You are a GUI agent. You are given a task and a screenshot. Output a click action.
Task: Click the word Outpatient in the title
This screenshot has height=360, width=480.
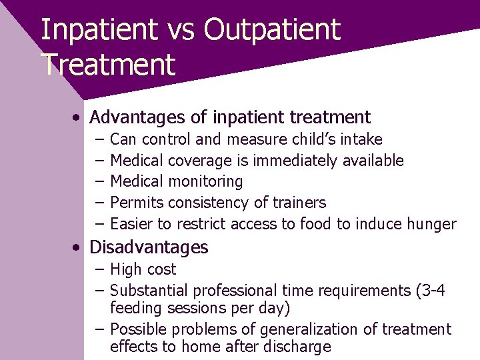tap(272, 30)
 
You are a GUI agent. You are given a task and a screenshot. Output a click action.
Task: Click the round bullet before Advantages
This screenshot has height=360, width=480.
tap(79, 118)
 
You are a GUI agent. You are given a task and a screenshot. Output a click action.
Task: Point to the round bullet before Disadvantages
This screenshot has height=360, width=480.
tap(79, 248)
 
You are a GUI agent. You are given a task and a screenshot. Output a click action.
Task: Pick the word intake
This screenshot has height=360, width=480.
tap(361, 139)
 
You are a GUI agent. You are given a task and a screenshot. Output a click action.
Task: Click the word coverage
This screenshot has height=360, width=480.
tap(200, 161)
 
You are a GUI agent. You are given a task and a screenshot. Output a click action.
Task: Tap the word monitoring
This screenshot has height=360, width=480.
tap(205, 182)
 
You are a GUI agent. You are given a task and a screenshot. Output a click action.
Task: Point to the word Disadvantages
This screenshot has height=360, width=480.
tap(149, 247)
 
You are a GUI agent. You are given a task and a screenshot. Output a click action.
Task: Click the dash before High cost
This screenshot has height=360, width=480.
tap(99, 270)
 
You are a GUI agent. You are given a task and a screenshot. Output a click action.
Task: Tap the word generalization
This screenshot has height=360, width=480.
tap(303, 329)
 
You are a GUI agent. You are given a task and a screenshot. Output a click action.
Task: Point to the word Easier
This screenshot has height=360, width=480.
tap(131, 224)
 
